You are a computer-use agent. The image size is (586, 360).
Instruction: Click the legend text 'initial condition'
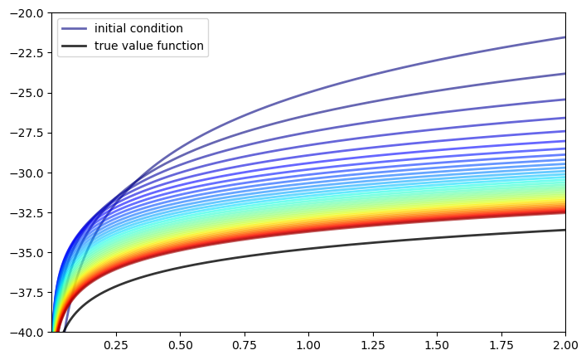pyautogui.click(x=138, y=29)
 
